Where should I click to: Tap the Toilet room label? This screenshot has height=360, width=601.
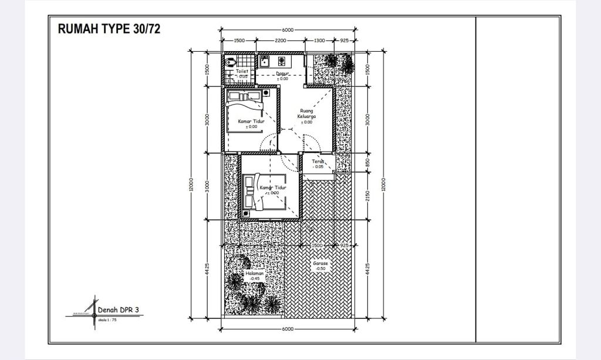tap(242, 71)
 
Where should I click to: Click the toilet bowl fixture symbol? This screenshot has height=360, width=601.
tap(229, 62)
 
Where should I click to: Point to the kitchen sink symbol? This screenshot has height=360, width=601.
tap(265, 60)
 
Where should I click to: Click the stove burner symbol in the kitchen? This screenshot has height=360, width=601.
tap(281, 60)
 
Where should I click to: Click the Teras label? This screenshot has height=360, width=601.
tap(318, 162)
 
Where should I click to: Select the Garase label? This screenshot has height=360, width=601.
tap(320, 264)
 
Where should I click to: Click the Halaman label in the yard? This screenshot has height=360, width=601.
tap(254, 274)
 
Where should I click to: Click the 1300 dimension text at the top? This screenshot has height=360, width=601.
tap(319, 41)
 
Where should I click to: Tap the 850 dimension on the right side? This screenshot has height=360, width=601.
tap(368, 163)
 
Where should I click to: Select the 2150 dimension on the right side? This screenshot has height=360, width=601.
tap(368, 196)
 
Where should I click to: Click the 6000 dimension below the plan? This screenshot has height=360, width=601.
tap(287, 329)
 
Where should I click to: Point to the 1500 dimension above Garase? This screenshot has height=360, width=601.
tap(318, 245)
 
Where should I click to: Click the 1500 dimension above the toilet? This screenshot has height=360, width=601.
tap(239, 41)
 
